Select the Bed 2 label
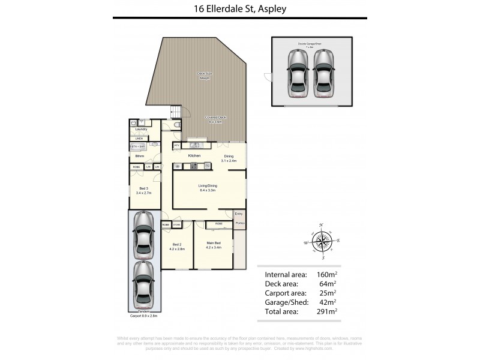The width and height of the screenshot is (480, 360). point(176,245)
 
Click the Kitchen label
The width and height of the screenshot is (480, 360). point(194,156)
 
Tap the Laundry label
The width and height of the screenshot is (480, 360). point(141,129)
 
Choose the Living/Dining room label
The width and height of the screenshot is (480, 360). point(208,187)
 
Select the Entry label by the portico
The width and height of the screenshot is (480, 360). point(239,214)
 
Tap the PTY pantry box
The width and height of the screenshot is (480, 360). point(177,145)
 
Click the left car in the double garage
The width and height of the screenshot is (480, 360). point(297,73)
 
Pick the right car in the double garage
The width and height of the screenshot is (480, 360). point(324,73)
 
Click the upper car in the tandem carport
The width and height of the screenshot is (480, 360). point(143,235)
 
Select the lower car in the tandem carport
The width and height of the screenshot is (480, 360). point(143,283)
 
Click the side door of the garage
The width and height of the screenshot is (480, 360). point(268,77)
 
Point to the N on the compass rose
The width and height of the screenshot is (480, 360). point(322,225)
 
